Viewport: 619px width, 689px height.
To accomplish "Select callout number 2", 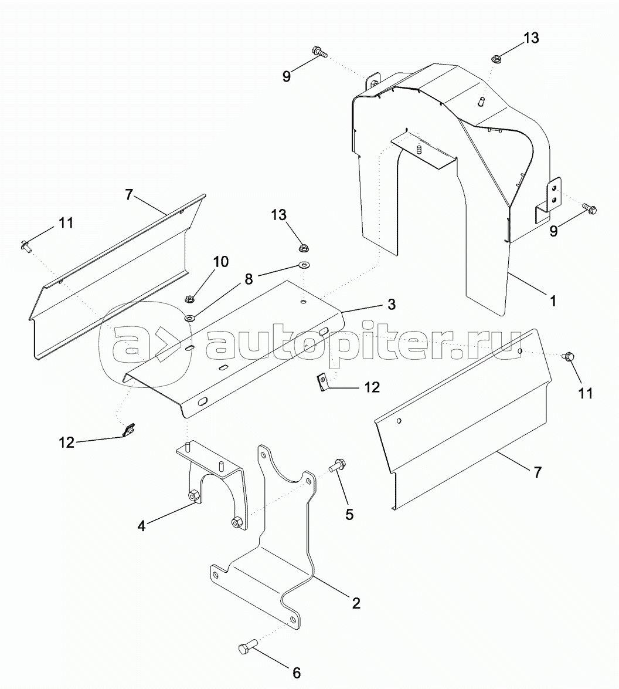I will (355, 603).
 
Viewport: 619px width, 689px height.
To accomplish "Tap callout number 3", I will (391, 305).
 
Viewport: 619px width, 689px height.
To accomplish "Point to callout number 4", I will (141, 525).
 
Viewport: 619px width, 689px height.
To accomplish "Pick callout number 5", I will (349, 514).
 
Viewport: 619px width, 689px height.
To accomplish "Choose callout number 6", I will (295, 672).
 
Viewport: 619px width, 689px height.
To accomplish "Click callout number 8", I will (249, 280).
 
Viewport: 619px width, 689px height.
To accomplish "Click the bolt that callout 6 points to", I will (245, 649).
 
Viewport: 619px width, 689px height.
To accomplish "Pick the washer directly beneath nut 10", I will (191, 318).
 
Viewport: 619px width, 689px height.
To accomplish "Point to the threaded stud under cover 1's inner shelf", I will (419, 150).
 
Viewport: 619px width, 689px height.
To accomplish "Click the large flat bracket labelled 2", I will (276, 552).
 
